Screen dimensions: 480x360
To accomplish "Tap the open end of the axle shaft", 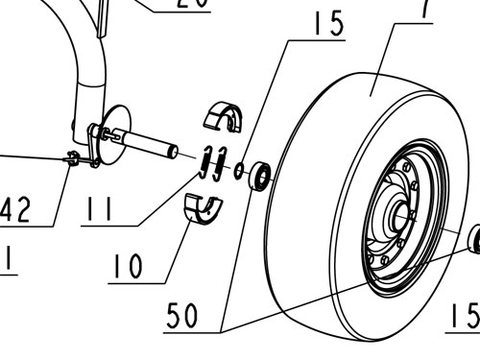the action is pyautogui.click(x=172, y=151).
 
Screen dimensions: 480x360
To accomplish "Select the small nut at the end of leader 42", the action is pyautogui.click(x=73, y=158).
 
